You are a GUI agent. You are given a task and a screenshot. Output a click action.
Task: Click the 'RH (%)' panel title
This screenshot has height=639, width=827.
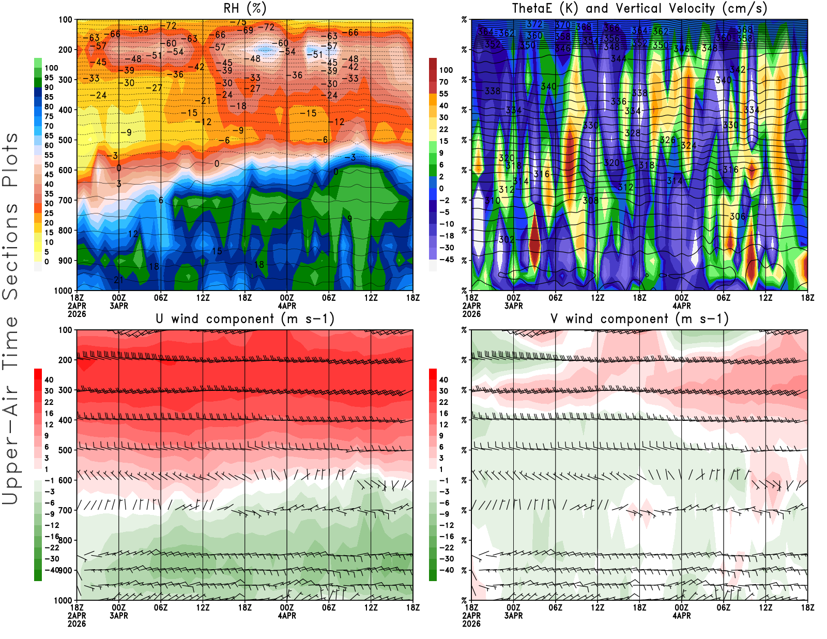click(x=245, y=8)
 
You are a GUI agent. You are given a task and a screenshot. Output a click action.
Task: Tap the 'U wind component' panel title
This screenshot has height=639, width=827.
click(x=245, y=318)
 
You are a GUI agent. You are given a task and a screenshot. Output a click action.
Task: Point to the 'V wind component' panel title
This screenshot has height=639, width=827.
click(x=639, y=318)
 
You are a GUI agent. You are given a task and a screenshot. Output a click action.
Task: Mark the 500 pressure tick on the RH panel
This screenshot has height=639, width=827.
click(x=66, y=140)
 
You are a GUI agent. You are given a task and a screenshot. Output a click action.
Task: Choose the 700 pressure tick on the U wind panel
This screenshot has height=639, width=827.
click(x=66, y=510)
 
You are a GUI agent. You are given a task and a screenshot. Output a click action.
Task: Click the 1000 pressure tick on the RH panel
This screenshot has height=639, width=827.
click(x=63, y=291)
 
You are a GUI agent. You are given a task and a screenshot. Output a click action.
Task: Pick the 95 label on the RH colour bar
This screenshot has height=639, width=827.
click(x=49, y=78)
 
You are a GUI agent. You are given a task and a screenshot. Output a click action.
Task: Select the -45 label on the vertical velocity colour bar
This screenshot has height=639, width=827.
click(x=446, y=260)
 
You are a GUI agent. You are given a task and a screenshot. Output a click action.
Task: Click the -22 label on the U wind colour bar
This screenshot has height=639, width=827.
click(x=52, y=547)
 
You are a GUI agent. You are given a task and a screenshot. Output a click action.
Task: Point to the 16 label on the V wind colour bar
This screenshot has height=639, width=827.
click(x=443, y=414)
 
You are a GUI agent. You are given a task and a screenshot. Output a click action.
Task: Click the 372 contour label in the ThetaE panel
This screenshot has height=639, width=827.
click(x=534, y=24)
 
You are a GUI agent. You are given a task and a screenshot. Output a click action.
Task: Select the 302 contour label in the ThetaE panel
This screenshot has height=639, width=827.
click(x=507, y=239)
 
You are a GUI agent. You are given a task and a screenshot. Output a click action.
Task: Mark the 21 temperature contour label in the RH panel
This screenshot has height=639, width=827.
click(x=119, y=280)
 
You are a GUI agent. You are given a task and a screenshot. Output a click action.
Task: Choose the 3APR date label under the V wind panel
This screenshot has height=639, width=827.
click(x=513, y=616)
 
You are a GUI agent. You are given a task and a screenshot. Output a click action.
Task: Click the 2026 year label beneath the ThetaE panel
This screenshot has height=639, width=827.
click(x=471, y=314)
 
